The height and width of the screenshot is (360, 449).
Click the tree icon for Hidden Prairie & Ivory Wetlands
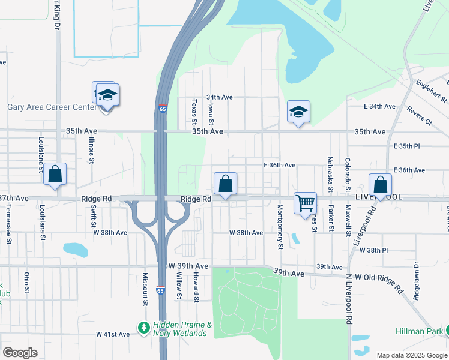pyautogui.click(x=143, y=328)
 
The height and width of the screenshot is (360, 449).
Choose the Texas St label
pyautogui.click(x=194, y=113)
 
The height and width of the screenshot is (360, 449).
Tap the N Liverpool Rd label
pyautogui.click(x=348, y=300)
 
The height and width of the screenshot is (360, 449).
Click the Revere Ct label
pyautogui.click(x=419, y=116)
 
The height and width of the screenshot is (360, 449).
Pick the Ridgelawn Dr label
pyautogui.click(x=416, y=280)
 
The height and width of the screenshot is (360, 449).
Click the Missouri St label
pyautogui.click(x=145, y=289)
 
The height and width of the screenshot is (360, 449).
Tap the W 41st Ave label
pyautogui.click(x=113, y=334)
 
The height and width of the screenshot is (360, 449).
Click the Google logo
pyautogui.click(x=20, y=353)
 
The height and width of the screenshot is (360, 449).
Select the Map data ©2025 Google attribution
pyautogui.click(x=411, y=355)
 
